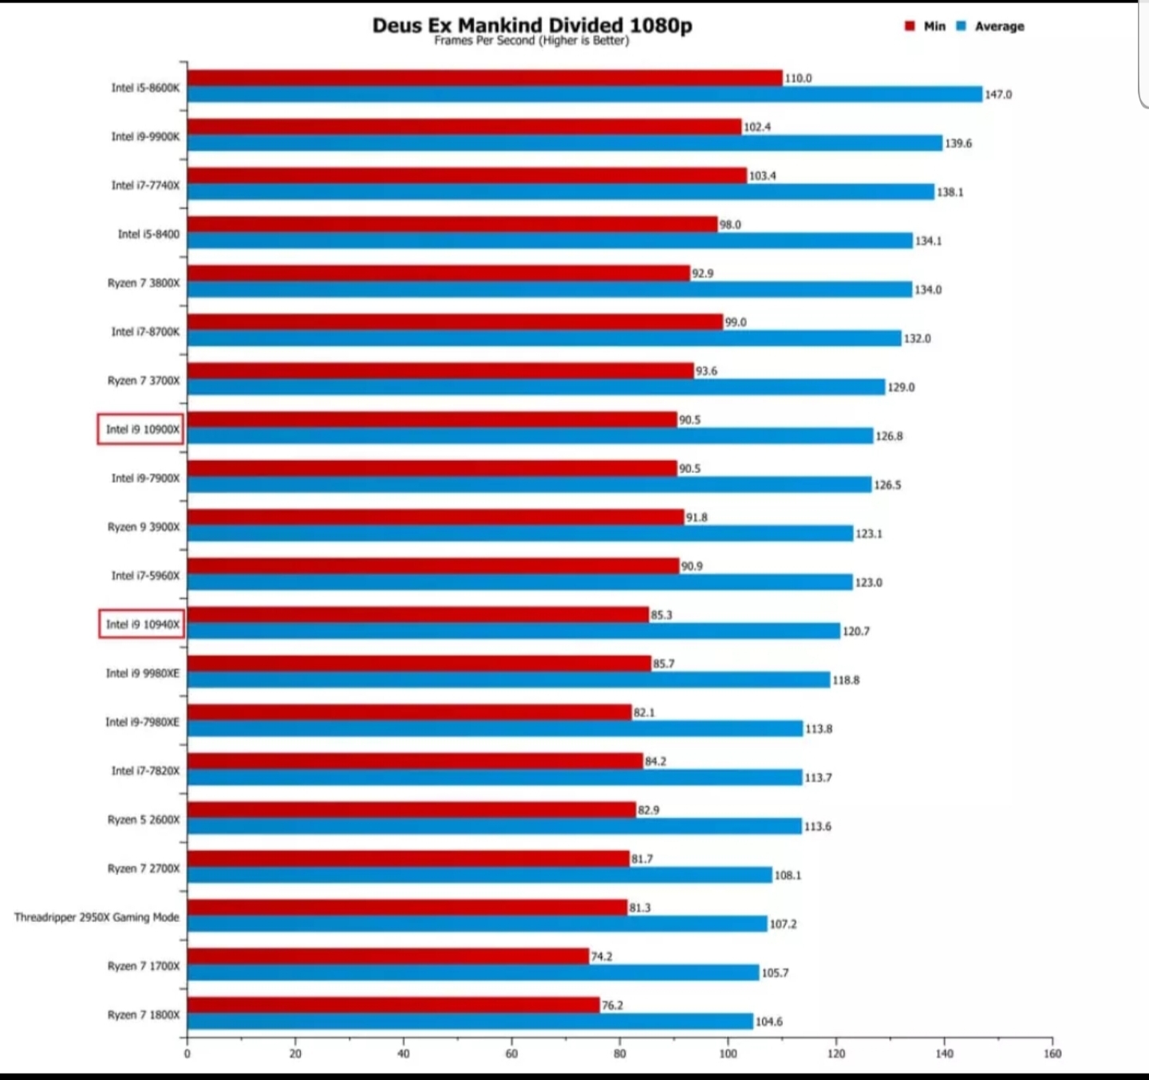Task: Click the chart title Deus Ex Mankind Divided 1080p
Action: coord(531,25)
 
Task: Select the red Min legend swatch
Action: coord(910,26)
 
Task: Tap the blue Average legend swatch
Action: coord(961,26)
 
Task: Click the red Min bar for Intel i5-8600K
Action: coord(485,78)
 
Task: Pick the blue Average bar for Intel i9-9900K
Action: coord(565,143)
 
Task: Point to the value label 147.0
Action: coord(998,94)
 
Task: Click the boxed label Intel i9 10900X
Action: coord(140,429)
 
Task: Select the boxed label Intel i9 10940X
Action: coord(142,625)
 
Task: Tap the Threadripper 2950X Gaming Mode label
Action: coord(97,916)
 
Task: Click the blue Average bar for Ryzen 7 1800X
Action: coord(470,1021)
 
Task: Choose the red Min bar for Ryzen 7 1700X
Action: coord(389,956)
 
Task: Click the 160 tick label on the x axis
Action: coord(1052,1054)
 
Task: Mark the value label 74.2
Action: coord(601,956)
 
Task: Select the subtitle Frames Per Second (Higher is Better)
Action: coord(531,41)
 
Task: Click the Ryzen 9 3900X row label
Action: coord(144,527)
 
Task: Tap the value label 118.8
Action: coord(846,680)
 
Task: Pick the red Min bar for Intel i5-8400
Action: coord(452,224)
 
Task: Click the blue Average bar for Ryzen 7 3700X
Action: coord(536,387)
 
